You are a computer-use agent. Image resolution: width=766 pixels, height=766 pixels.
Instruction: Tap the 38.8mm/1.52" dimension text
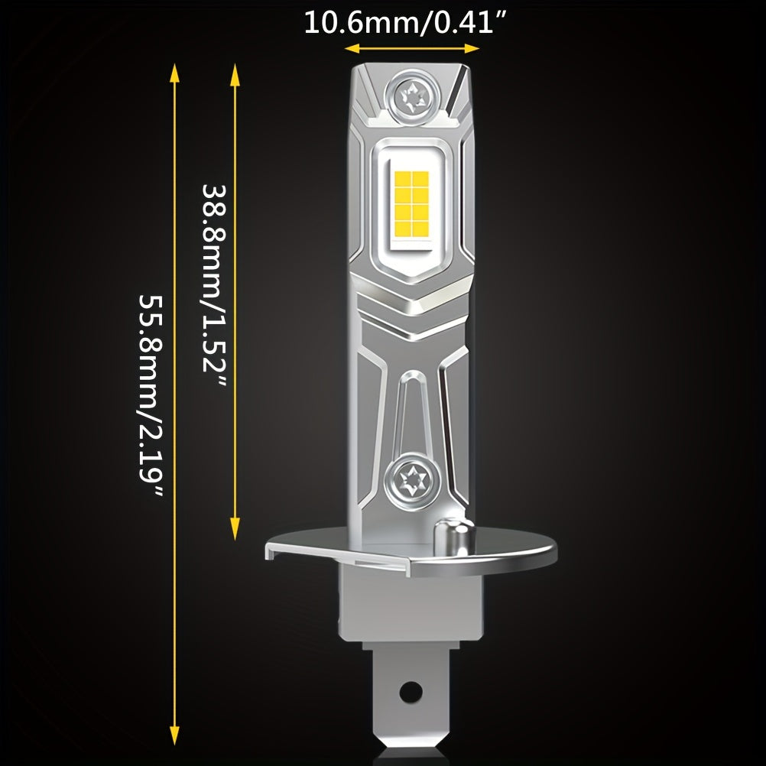(216, 287)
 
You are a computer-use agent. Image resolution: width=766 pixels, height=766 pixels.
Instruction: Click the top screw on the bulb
(414, 96)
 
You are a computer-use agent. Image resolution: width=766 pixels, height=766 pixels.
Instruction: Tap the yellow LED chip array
(411, 202)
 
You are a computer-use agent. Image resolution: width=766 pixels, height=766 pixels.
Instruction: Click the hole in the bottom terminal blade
(411, 691)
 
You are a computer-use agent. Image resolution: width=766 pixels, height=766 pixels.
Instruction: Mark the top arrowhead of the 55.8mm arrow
(174, 72)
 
